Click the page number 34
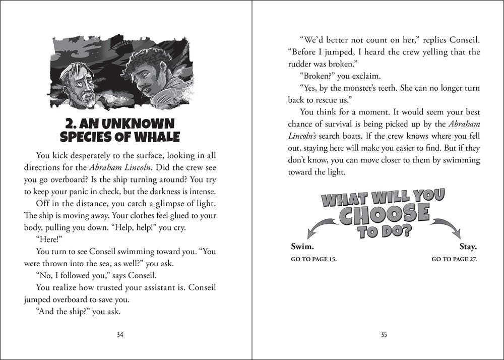120,335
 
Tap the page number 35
384,335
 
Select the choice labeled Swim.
302,247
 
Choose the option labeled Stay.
468,247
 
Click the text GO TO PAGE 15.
313,259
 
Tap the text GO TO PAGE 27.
454,259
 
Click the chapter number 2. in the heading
73,124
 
